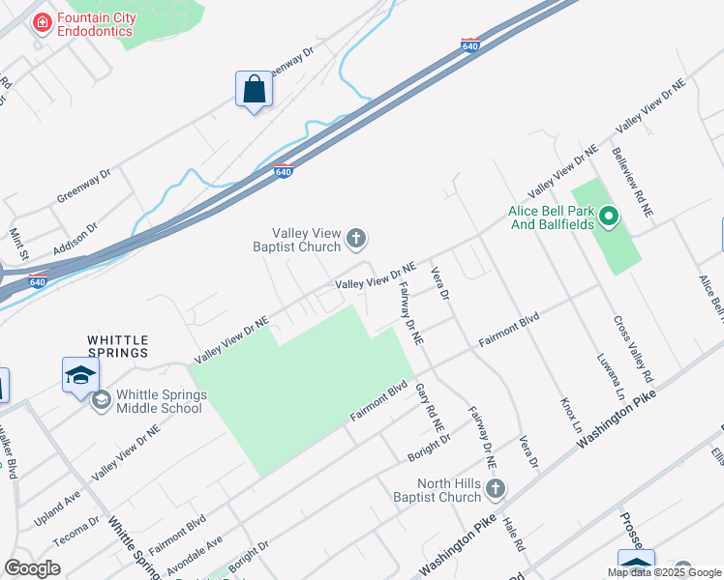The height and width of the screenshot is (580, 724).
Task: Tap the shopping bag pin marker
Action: (x=254, y=90)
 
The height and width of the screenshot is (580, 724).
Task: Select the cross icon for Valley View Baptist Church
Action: (x=357, y=237)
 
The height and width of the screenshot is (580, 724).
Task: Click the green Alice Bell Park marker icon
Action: (x=609, y=217)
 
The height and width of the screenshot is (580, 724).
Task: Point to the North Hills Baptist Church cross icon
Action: (x=495, y=490)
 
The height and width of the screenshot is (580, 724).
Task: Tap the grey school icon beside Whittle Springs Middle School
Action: (x=102, y=399)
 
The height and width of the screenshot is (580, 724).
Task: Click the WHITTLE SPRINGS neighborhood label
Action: (x=118, y=346)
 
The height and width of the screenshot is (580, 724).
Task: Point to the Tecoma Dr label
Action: (x=76, y=531)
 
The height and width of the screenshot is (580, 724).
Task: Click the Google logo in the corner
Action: (x=33, y=568)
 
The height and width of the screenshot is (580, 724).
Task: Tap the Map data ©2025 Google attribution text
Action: (x=665, y=572)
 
